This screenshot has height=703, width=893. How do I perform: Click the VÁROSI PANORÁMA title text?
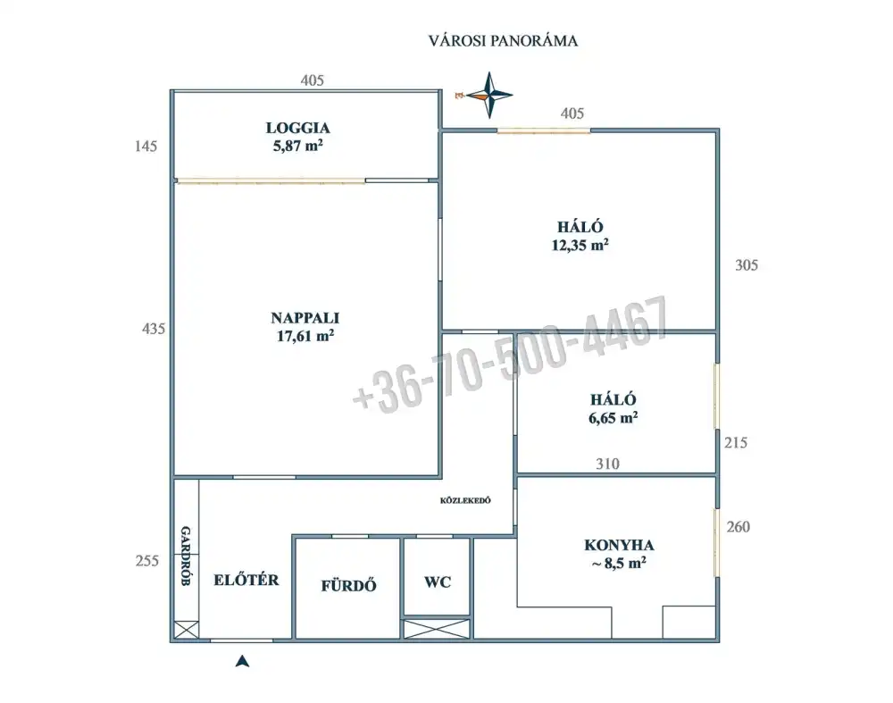503,40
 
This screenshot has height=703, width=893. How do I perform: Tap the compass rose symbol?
488,96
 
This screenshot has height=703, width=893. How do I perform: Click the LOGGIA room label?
298,128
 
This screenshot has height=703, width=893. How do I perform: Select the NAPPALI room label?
305,318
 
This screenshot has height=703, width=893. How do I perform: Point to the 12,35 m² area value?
580,245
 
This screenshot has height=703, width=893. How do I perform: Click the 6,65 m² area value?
613,417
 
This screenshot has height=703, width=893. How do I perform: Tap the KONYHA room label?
619,545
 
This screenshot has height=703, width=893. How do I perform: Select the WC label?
438,582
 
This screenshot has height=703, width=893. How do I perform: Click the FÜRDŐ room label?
348,585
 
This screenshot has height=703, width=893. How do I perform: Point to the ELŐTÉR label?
246,580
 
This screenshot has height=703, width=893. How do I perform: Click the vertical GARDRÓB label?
186,556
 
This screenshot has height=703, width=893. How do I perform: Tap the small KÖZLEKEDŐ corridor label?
465,500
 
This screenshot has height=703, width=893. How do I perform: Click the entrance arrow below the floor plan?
243,661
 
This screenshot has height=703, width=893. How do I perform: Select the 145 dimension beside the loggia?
146,146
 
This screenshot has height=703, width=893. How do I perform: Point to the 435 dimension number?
154,329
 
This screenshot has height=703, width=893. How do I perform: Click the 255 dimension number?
147,561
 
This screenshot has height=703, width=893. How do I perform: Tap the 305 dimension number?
746,265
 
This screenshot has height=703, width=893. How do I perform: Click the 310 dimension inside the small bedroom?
607,464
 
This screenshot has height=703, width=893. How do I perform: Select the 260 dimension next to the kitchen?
739,527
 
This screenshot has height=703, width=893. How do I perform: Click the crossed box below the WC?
437,629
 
